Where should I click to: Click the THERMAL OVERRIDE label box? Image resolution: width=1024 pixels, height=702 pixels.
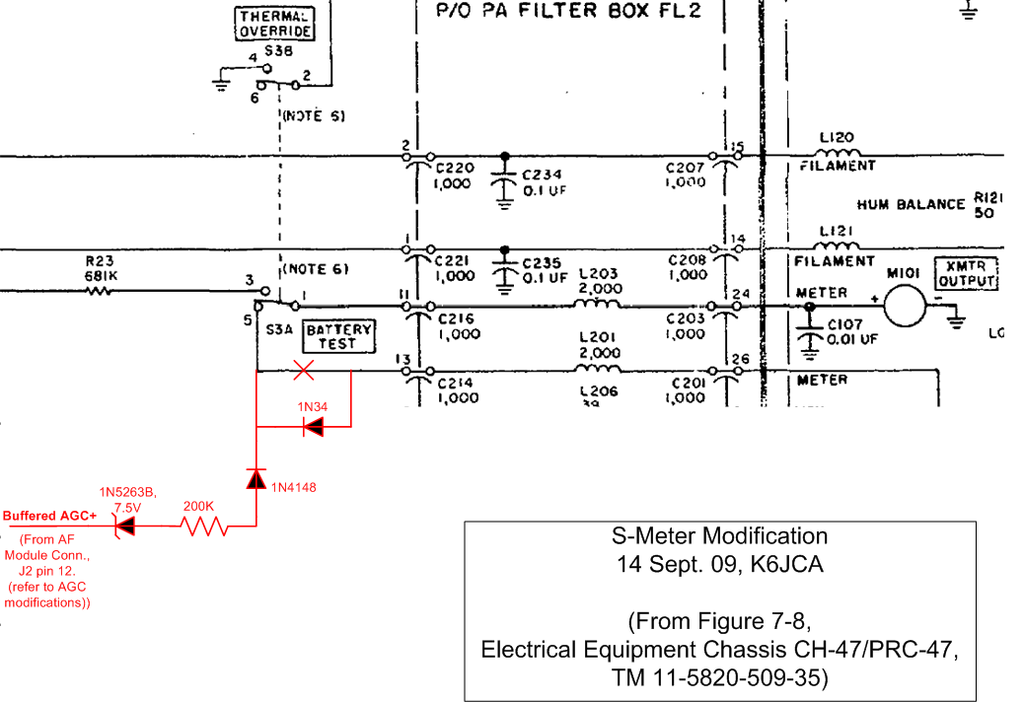pyautogui.click(x=275, y=24)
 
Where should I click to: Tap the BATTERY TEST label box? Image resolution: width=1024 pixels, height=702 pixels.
pyautogui.click(x=337, y=337)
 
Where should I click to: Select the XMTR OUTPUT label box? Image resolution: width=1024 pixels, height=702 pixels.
pyautogui.click(x=967, y=273)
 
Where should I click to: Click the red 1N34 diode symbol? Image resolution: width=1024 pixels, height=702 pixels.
pyautogui.click(x=313, y=427)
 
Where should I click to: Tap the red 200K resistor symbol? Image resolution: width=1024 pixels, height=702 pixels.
pyautogui.click(x=203, y=527)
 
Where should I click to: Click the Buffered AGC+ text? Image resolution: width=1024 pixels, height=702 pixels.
pyautogui.click(x=48, y=516)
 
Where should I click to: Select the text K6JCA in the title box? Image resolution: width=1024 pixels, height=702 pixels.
pyautogui.click(x=785, y=565)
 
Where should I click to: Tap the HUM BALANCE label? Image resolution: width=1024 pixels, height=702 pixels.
pyautogui.click(x=911, y=205)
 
